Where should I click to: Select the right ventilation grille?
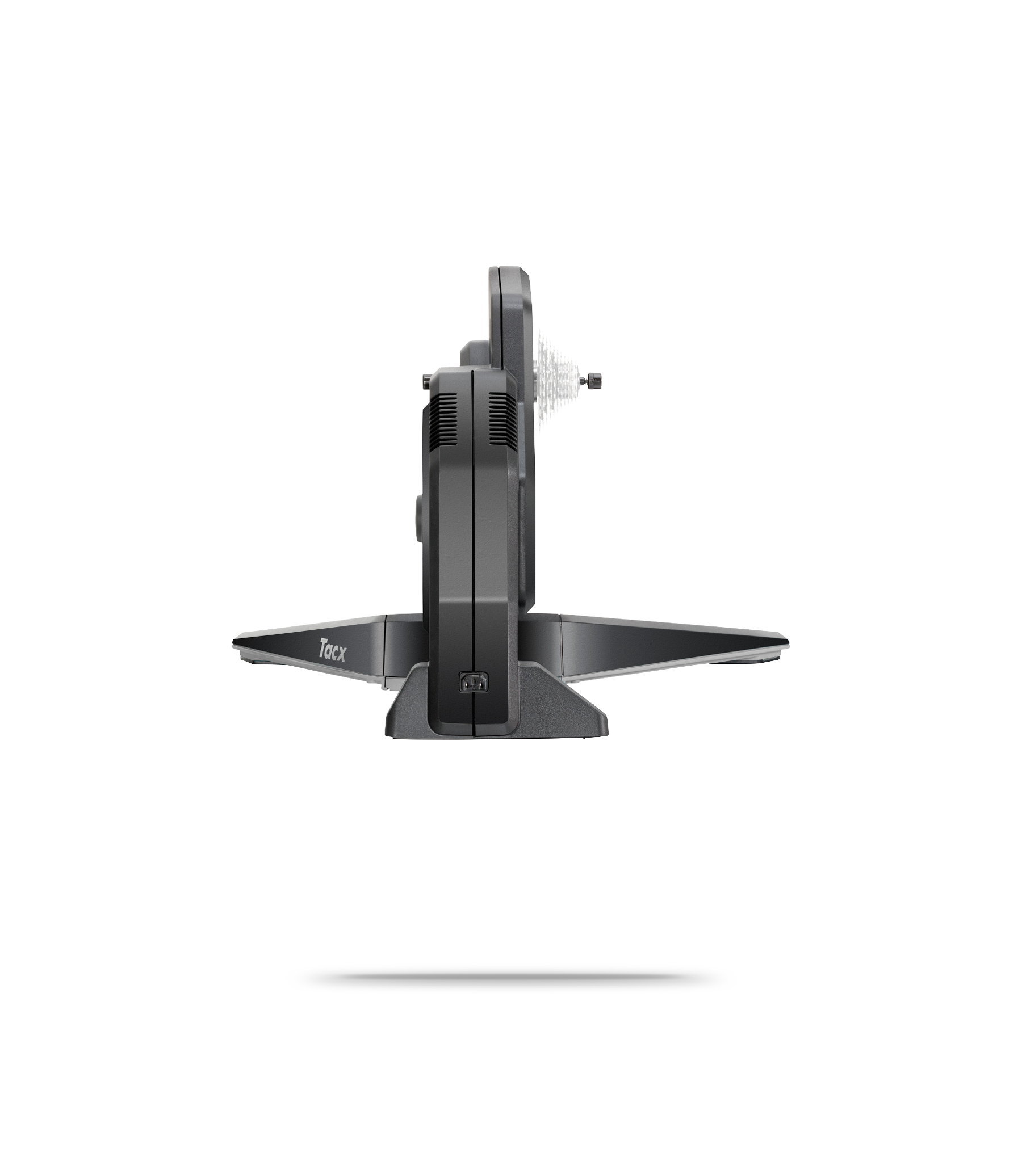(502, 420)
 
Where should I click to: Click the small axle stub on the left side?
(426, 381)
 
